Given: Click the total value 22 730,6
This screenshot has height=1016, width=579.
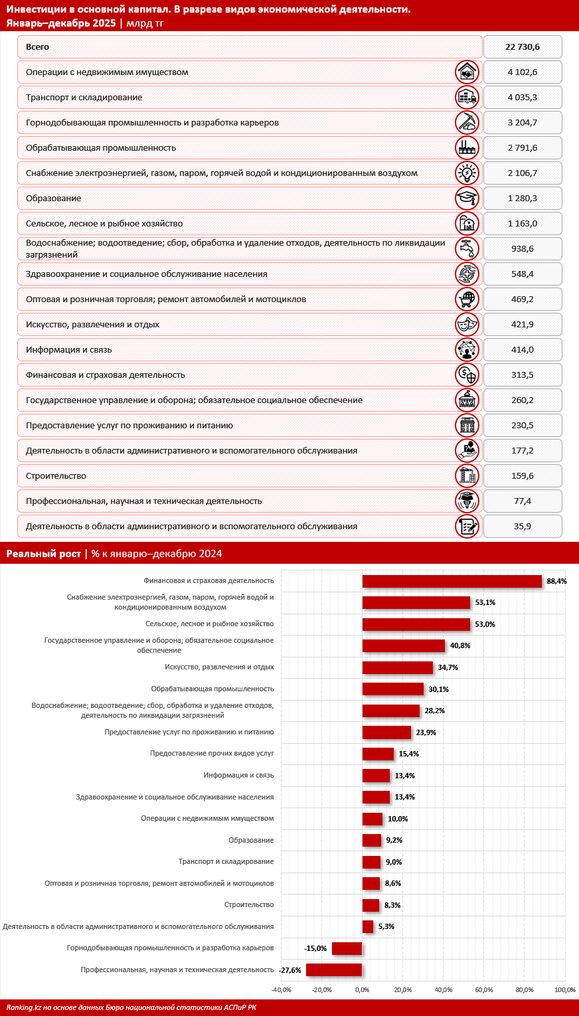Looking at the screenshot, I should (x=522, y=47).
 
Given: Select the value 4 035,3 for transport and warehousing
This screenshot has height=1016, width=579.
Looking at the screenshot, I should (x=522, y=98).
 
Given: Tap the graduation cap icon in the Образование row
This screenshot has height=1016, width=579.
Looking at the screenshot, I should (x=467, y=198).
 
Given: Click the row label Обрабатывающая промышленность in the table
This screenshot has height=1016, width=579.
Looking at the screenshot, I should (x=101, y=148).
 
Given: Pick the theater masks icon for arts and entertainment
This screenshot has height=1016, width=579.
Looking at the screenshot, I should (x=467, y=324).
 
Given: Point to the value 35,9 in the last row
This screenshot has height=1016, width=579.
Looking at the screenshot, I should (x=522, y=527).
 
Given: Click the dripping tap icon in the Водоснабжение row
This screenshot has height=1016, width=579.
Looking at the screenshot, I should (x=467, y=248).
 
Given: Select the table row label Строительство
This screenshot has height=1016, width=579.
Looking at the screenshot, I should (x=56, y=476).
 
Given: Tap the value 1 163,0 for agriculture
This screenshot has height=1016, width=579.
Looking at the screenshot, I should (x=522, y=224).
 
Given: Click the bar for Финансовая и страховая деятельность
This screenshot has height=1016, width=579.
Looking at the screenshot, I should (x=452, y=581).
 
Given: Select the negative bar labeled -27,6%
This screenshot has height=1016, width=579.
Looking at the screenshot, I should (x=334, y=970).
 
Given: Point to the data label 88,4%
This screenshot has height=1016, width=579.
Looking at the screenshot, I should (x=556, y=581).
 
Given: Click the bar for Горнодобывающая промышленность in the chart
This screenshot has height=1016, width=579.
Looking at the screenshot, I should (x=347, y=948).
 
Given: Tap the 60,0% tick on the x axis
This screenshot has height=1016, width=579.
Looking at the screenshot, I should (x=484, y=990).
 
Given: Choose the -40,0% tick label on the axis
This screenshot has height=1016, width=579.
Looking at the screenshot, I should (x=282, y=990).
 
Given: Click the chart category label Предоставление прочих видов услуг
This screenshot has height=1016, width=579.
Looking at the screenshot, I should (x=212, y=754).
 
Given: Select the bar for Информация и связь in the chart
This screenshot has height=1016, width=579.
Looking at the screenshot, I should (x=376, y=776).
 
